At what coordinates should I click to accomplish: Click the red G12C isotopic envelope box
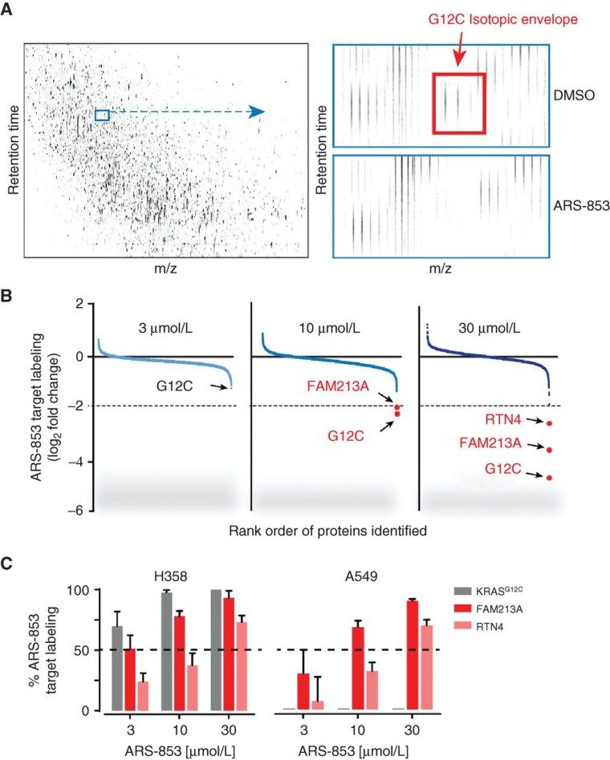tap(458, 102)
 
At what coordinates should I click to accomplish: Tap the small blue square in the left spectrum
tap(101, 115)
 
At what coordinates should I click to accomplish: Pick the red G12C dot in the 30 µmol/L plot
tap(550, 478)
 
